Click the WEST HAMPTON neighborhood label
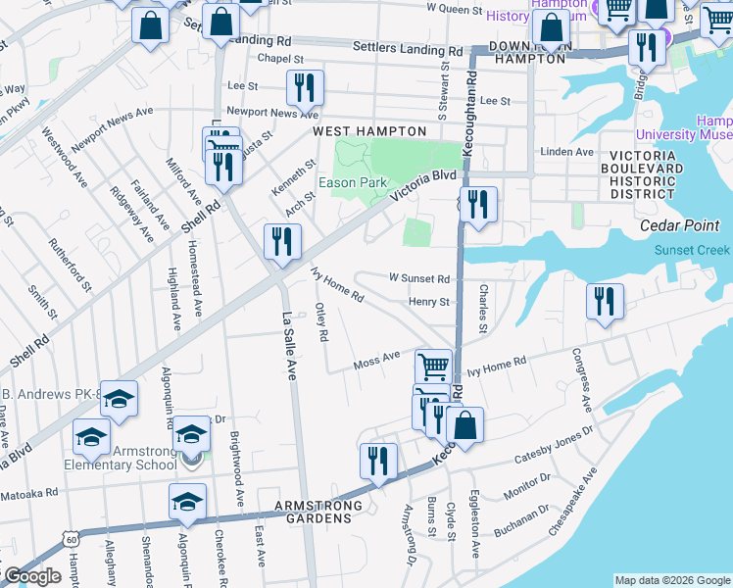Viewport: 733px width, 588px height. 369,131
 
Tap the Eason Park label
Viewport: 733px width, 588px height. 353,183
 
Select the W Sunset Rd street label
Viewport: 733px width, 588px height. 419,278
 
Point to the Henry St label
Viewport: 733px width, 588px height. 429,303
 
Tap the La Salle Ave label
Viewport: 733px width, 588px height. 289,346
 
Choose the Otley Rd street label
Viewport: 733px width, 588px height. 320,322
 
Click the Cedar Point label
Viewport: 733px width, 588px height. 694,224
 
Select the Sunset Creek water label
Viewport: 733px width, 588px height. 692,249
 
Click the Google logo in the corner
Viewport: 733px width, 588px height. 31,576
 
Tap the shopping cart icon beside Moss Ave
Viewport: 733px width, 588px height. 433,367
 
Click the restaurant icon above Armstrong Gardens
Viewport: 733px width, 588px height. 377,462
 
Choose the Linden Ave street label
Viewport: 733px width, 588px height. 568,152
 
